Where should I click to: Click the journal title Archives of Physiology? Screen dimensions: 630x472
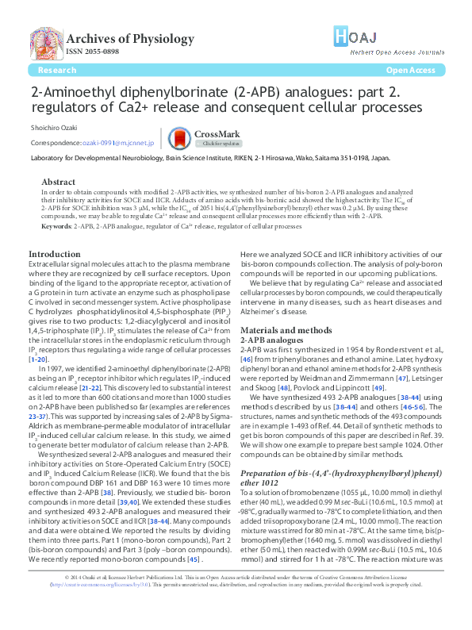point(131,39)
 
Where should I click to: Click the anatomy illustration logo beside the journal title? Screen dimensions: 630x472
point(45,43)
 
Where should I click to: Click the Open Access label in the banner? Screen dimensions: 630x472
point(410,70)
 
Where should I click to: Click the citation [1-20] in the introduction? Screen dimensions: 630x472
point(38,359)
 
